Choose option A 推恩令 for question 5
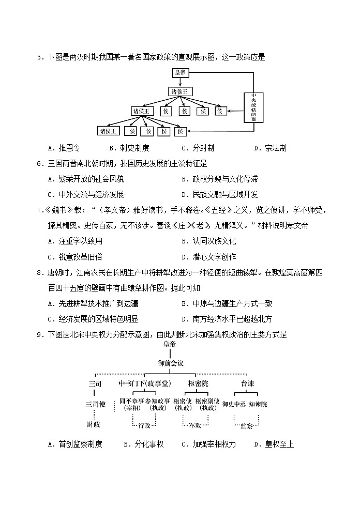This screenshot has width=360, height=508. (69, 148)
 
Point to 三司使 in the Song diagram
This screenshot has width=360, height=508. (95, 404)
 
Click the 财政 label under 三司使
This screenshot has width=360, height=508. (93, 424)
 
